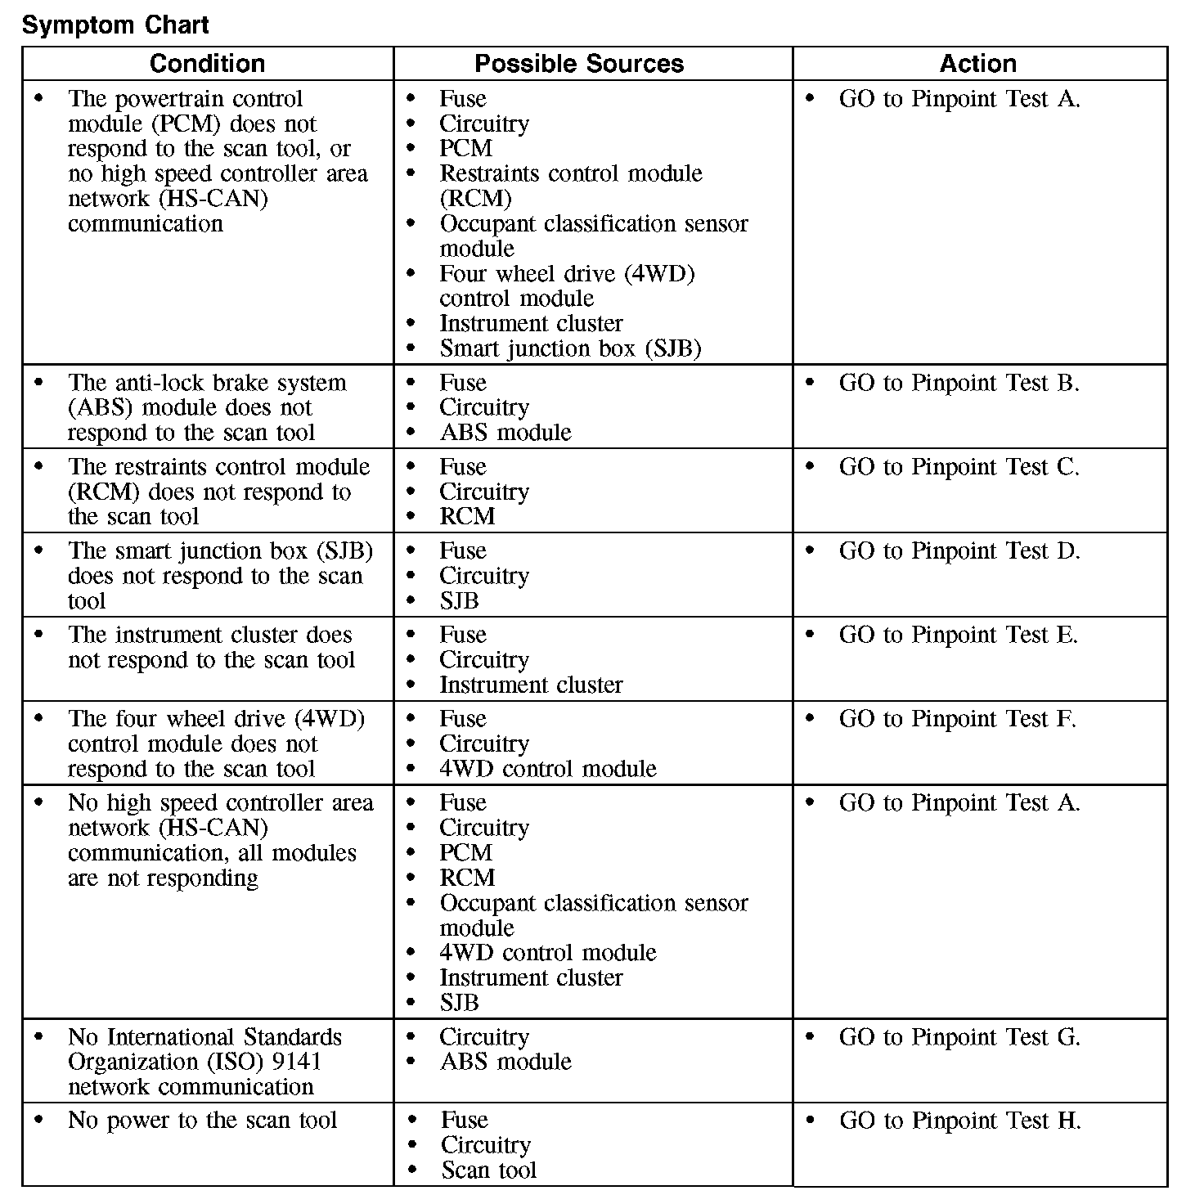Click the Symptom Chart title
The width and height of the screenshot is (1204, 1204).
pyautogui.click(x=115, y=25)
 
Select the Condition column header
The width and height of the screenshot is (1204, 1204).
pyautogui.click(x=207, y=64)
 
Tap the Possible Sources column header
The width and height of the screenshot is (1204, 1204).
pyautogui.click(x=579, y=64)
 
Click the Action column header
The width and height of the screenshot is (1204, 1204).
pyautogui.click(x=978, y=64)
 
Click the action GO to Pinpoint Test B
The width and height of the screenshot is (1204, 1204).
pyautogui.click(x=959, y=383)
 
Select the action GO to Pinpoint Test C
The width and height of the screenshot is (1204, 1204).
pyautogui.click(x=959, y=467)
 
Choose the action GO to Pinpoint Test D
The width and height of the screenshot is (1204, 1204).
pyautogui.click(x=959, y=551)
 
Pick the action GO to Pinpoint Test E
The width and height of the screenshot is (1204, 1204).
pyautogui.click(x=958, y=635)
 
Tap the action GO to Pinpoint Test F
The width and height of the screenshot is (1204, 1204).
pyautogui.click(x=957, y=719)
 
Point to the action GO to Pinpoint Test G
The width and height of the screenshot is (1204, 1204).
pyautogui.click(x=959, y=1037)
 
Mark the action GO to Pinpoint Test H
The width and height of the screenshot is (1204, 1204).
pyautogui.click(x=959, y=1121)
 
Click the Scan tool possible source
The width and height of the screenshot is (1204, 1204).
pyautogui.click(x=488, y=1170)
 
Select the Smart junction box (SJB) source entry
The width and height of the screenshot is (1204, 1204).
pyautogui.click(x=570, y=348)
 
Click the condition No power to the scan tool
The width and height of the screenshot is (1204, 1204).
pyautogui.click(x=202, y=1121)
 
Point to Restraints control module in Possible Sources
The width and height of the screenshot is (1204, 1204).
pyautogui.click(x=570, y=173)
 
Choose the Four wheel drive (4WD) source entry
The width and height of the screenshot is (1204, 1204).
pyautogui.click(x=567, y=273)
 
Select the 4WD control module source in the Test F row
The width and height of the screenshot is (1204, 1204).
pyautogui.click(x=547, y=769)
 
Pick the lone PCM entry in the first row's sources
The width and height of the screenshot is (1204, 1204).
pyautogui.click(x=465, y=149)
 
